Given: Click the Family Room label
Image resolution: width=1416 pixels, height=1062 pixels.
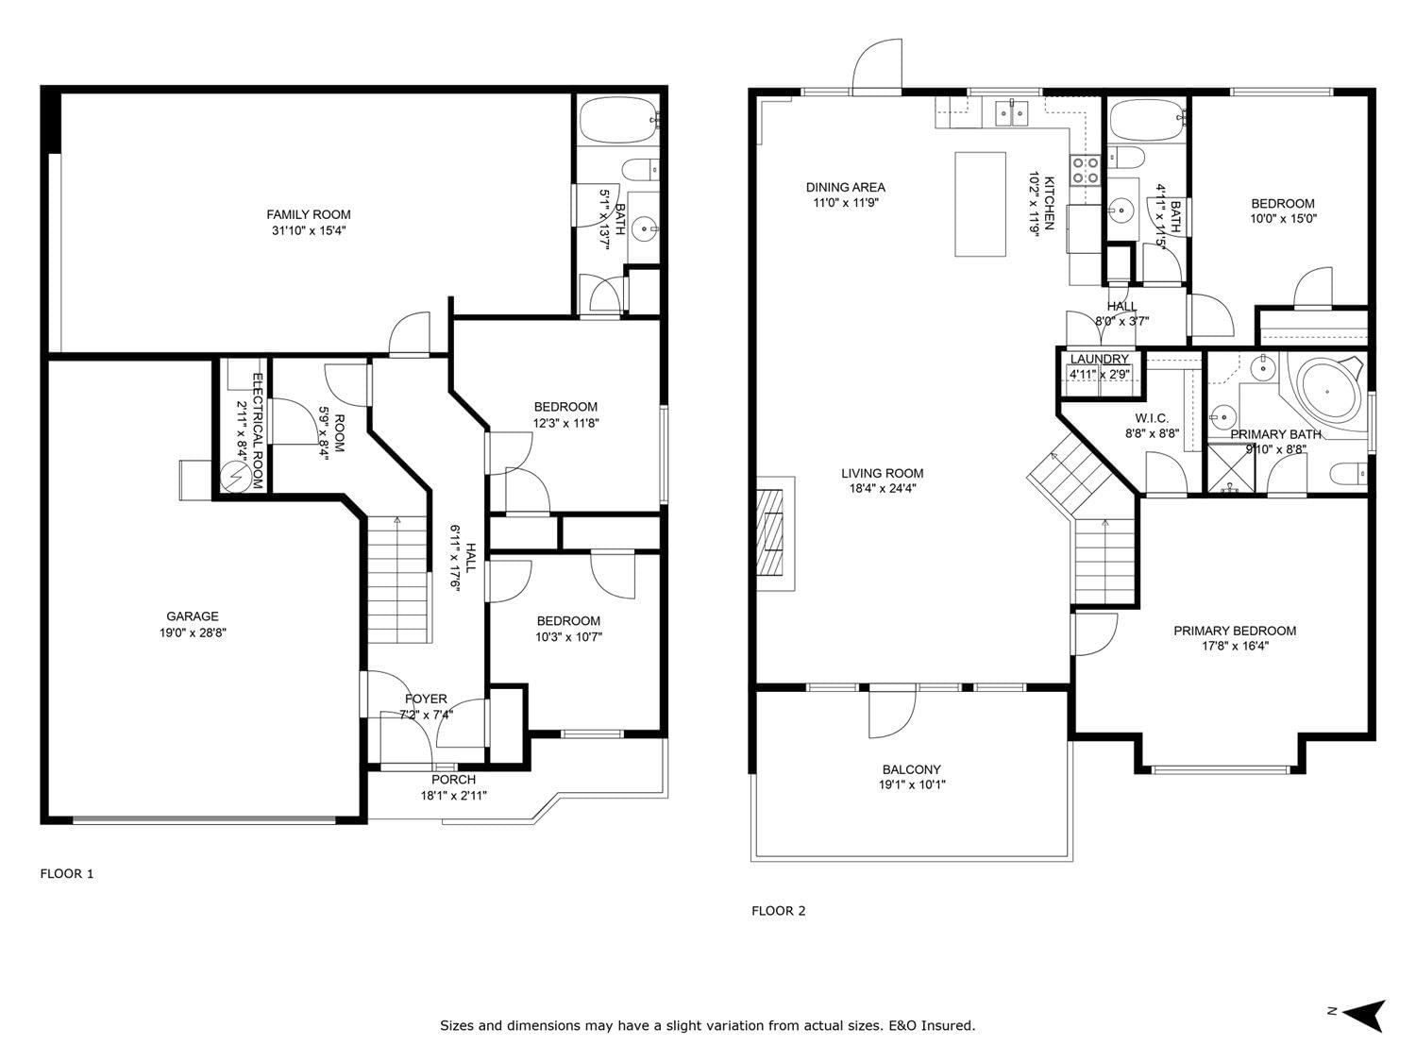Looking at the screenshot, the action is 309,214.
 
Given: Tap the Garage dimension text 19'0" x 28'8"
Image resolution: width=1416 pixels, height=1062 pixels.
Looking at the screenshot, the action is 193,632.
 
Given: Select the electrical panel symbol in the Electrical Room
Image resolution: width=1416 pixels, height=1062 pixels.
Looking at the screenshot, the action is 233,477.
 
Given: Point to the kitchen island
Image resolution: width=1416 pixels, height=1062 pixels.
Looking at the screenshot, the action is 980,205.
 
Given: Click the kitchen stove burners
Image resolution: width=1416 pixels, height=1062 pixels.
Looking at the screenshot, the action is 1085,171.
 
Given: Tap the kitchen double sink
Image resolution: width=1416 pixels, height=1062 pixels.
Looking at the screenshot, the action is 1012,113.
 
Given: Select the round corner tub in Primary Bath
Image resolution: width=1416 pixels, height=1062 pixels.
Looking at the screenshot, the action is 1327,392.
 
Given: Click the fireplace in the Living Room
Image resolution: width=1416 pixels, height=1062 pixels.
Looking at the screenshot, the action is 775,533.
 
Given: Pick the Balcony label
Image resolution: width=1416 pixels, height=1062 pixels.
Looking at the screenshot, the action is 912,769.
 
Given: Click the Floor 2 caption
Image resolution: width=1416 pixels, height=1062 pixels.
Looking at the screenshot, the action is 779,910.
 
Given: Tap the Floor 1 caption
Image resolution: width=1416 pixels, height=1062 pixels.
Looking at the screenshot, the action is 67,874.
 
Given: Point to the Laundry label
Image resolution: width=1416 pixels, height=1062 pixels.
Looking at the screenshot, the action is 1099,359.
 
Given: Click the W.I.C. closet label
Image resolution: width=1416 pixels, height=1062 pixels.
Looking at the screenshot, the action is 1152,418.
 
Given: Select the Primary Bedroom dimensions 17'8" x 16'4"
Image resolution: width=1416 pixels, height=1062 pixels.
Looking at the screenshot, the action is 1235,646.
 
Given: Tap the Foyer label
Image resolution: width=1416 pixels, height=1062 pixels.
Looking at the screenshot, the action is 426,699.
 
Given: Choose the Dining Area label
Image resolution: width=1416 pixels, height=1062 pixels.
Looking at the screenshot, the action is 845,187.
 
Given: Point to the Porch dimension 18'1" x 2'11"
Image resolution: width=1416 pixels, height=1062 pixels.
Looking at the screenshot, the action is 453,796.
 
